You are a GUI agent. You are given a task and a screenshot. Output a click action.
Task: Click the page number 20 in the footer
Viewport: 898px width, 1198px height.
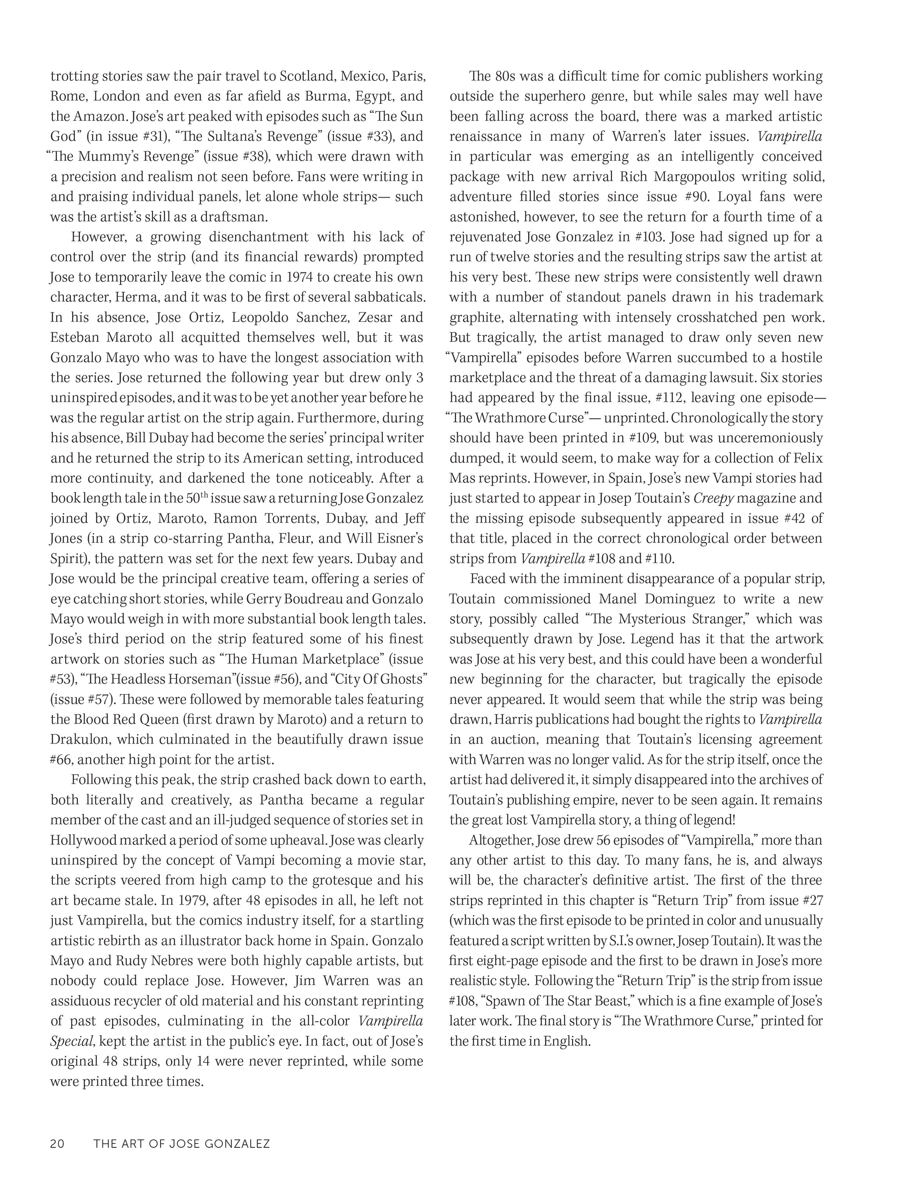coord(57,1143)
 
